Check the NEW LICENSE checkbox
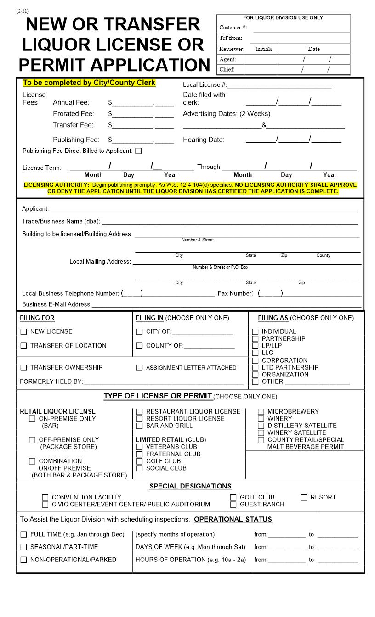tap(24, 332)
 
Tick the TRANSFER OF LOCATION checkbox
tap(24, 346)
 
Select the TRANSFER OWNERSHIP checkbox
tap(24, 368)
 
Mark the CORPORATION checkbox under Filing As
tap(256, 360)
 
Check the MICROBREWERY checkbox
tap(261, 412)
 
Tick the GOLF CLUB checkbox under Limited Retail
tap(140, 461)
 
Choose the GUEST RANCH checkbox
tap(233, 505)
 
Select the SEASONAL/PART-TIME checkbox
tap(24, 547)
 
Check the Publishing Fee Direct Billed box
tap(138, 151)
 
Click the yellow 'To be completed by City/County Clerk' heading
tap(89, 83)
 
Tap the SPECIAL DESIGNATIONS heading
tap(190, 486)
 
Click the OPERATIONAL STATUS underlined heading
tap(233, 520)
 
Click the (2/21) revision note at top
tap(22, 11)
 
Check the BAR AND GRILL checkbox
tap(140, 426)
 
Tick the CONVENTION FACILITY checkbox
tap(45, 498)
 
